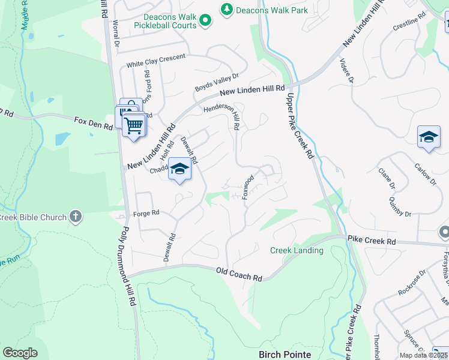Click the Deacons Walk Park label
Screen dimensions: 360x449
tap(272, 10)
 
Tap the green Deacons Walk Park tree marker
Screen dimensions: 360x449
tap(227, 10)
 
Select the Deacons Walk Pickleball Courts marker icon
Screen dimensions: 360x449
tap(206, 21)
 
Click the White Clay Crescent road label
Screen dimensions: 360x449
tap(155, 60)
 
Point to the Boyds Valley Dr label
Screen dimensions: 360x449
tap(217, 83)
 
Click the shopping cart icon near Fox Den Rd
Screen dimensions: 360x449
tap(134, 125)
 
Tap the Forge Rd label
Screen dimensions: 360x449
tap(146, 212)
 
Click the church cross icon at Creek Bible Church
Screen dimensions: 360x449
tap(75, 216)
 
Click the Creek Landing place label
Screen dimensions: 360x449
tap(297, 250)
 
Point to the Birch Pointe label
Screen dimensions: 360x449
tap(285, 354)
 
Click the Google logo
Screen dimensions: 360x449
tap(20, 353)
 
